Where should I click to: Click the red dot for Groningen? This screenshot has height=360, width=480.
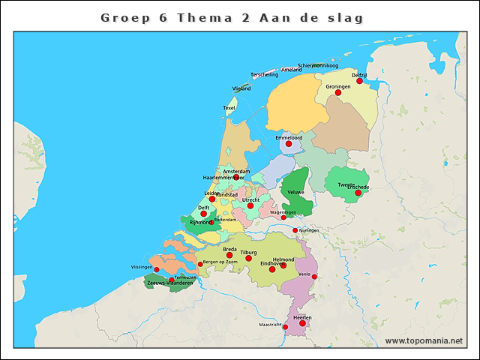[x=338, y=93]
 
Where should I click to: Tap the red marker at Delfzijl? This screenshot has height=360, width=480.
[x=359, y=81]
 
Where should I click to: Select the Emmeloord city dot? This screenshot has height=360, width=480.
[x=288, y=144]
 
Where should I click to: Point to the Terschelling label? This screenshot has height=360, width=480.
[x=265, y=75]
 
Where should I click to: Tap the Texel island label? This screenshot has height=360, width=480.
[x=229, y=108]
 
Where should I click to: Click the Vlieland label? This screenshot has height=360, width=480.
[x=241, y=88]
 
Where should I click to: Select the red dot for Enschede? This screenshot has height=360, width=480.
[x=358, y=193]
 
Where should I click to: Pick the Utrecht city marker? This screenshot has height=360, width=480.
[x=250, y=205]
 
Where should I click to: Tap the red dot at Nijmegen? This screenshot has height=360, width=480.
[x=295, y=230]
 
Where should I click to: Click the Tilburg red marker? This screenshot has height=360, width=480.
[x=248, y=258]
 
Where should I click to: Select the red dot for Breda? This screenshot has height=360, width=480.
[x=229, y=255]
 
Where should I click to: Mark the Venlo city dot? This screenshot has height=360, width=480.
[x=314, y=277]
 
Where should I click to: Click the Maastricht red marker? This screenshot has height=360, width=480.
[x=285, y=327]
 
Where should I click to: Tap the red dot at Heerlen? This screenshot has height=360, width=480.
[x=303, y=323]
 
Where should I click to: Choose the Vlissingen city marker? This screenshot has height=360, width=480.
[x=157, y=270]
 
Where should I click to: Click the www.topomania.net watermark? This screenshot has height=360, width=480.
[x=424, y=341]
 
